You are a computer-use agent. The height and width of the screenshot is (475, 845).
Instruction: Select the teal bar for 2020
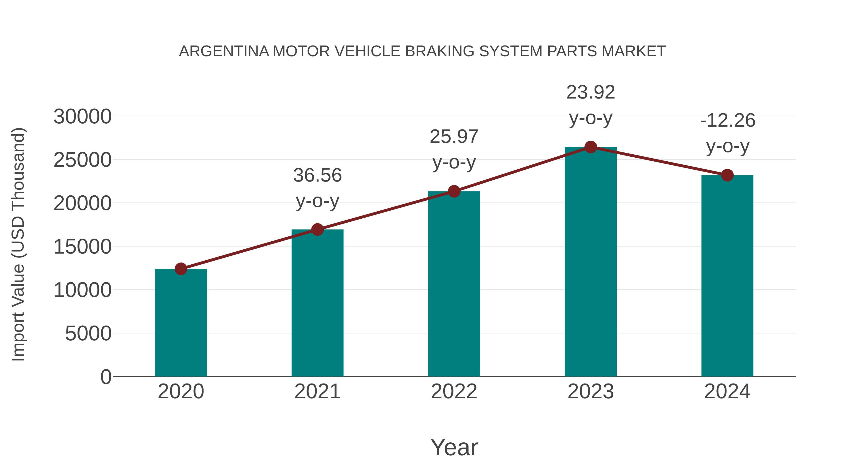click(x=181, y=323)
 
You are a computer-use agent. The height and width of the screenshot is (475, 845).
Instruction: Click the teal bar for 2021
click(x=317, y=303)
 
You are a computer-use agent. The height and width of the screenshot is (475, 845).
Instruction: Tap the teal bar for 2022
click(x=454, y=284)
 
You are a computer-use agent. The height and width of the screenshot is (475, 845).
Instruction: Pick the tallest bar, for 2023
click(x=591, y=262)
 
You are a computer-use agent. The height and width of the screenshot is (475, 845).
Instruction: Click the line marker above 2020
click(x=181, y=269)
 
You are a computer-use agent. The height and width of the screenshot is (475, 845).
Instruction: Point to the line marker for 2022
click(x=454, y=191)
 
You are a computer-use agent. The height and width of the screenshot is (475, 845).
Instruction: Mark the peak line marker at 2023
click(x=591, y=147)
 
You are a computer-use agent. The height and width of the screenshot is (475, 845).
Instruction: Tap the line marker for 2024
click(x=727, y=175)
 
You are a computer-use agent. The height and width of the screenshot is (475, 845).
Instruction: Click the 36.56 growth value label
click(x=317, y=175)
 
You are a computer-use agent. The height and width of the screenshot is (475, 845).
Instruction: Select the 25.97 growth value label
click(x=454, y=137)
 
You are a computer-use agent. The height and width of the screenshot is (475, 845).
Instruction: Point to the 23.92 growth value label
click(x=591, y=92)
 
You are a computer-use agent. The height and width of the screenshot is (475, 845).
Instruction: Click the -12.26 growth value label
click(x=727, y=120)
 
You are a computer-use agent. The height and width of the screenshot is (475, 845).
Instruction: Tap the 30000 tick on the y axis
click(x=82, y=117)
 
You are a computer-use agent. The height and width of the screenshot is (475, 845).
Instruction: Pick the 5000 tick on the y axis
click(x=88, y=334)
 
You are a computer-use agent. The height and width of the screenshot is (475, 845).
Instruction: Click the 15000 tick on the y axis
click(x=82, y=247)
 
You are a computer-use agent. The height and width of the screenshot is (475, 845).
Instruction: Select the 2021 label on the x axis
click(x=317, y=391)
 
